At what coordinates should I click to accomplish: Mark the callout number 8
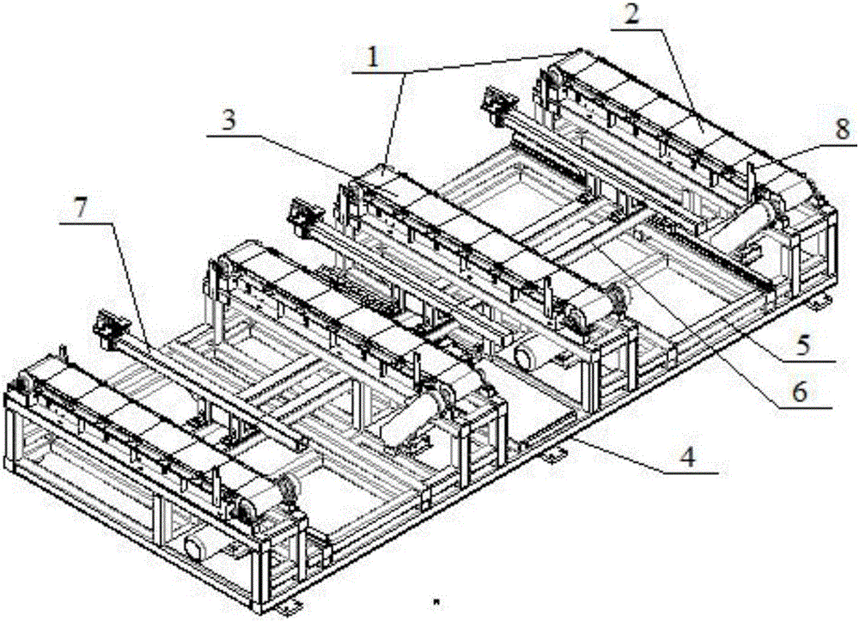842,130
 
